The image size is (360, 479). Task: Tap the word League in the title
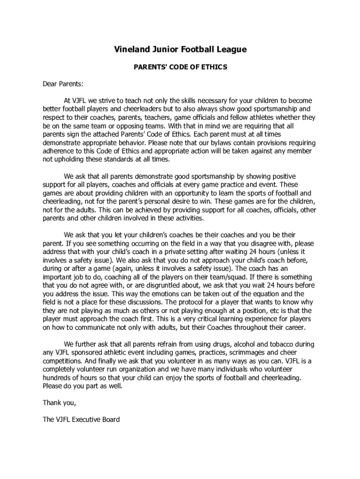pyautogui.click(x=229, y=50)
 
